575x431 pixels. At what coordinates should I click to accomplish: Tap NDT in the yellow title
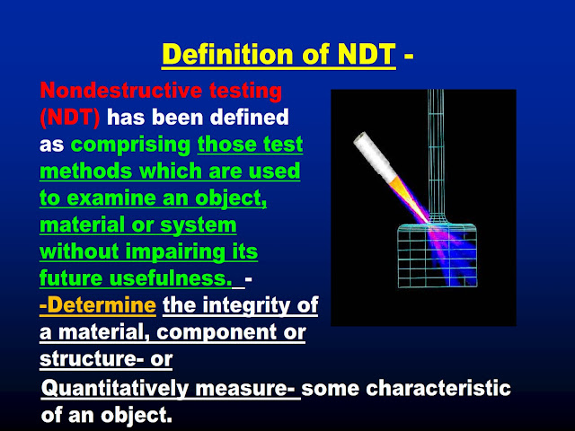(x=362, y=55)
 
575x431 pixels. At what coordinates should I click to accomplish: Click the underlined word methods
(x=84, y=170)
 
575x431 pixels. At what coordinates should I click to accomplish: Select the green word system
(x=195, y=222)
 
